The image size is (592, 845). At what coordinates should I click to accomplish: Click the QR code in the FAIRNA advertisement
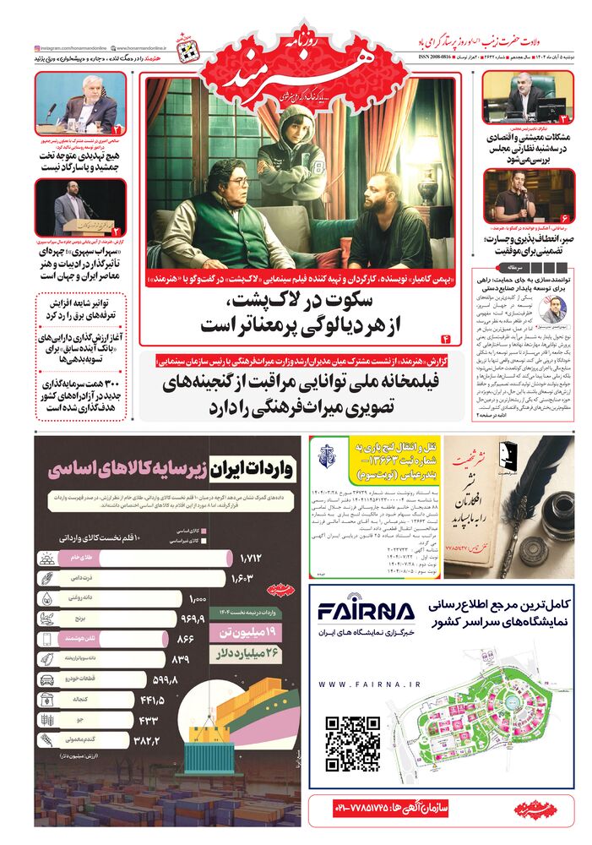pyautogui.click(x=354, y=743)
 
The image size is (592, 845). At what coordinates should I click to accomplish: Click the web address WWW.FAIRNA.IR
pyautogui.click(x=366, y=684)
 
